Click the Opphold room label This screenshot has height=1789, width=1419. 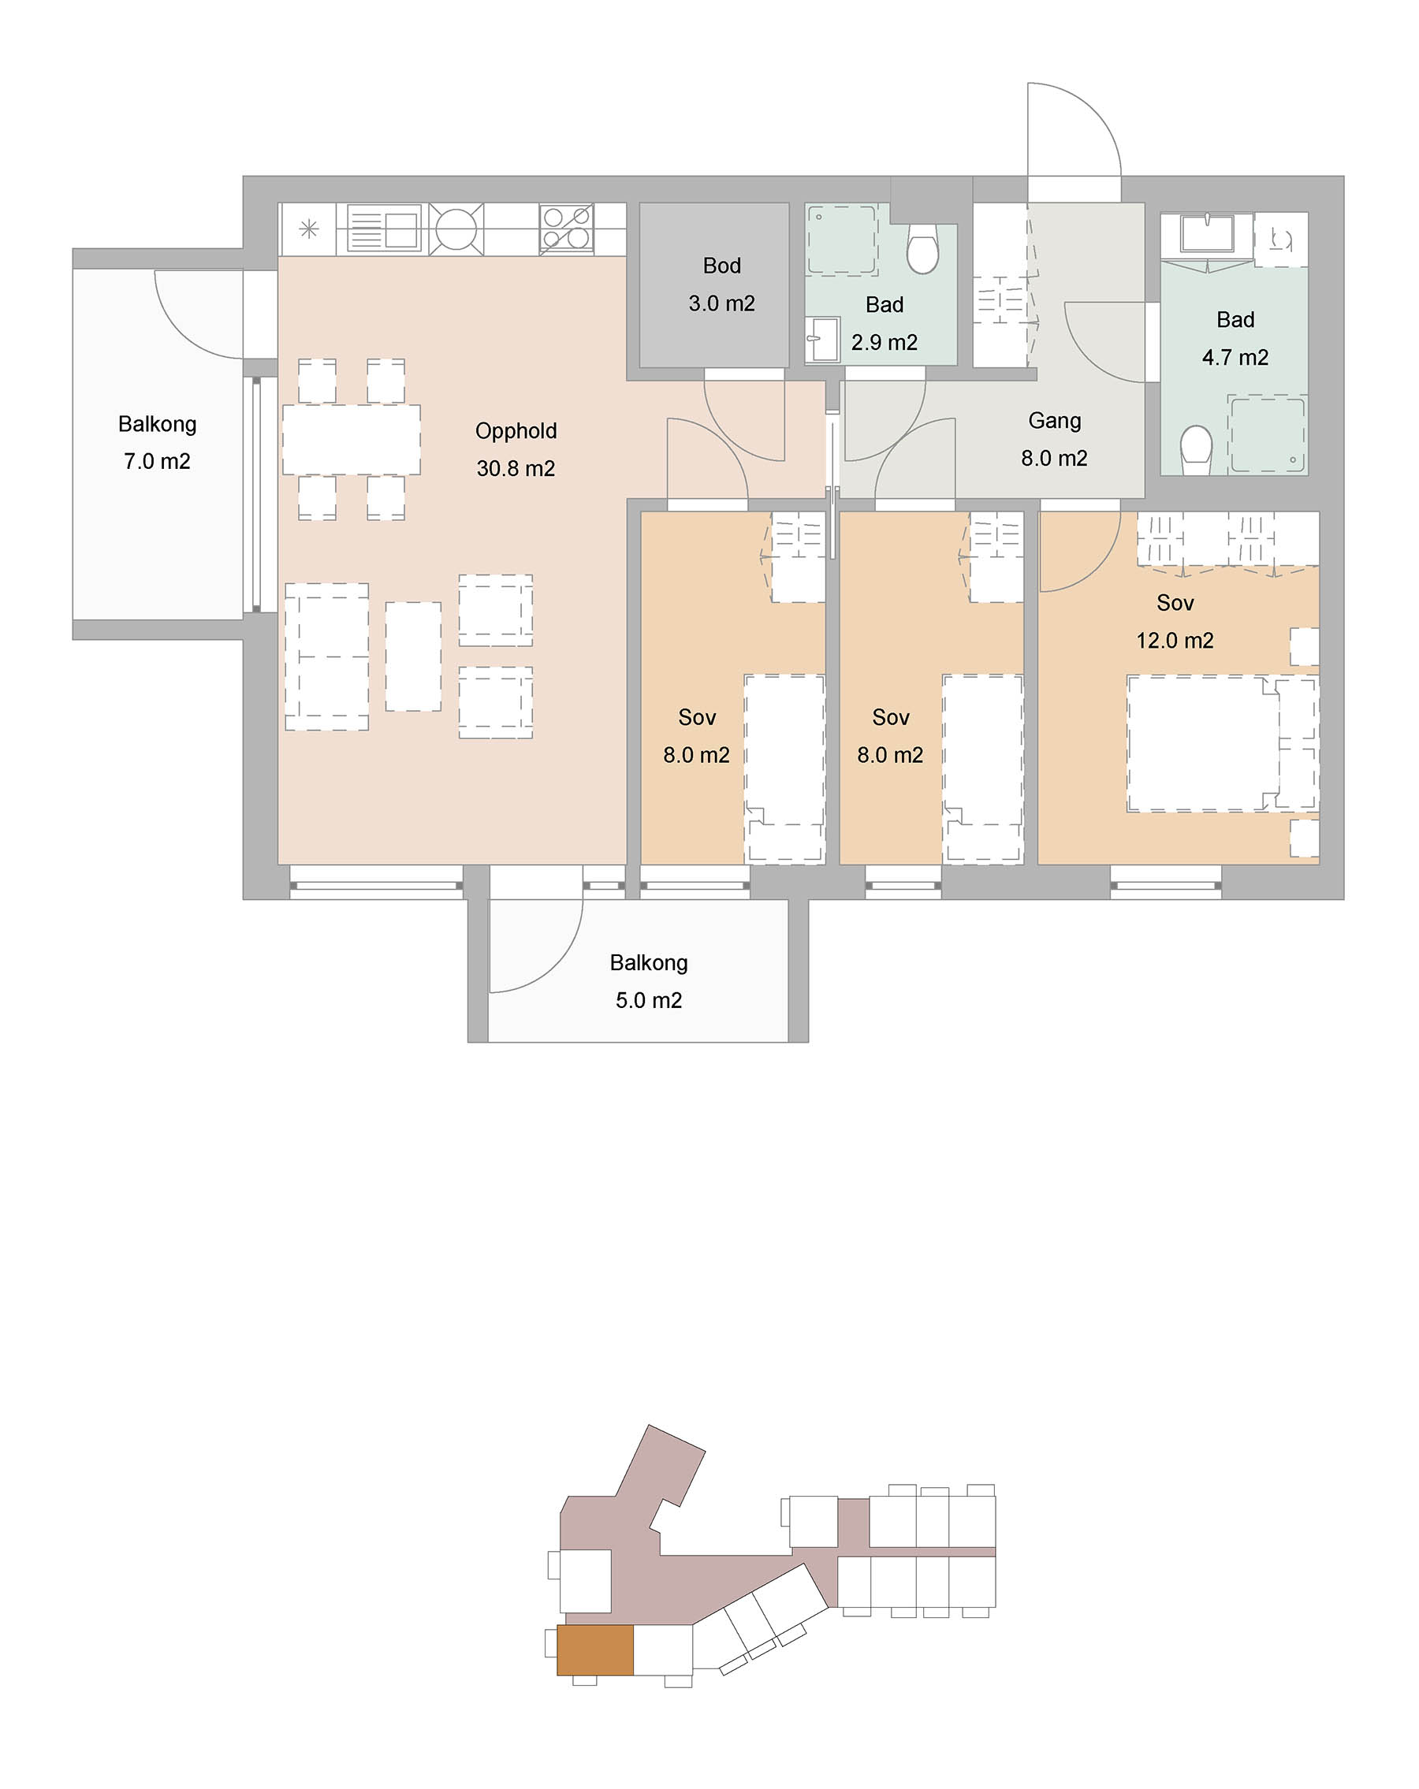point(516,431)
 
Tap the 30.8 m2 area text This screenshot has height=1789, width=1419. point(516,469)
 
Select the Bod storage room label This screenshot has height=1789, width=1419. point(721,266)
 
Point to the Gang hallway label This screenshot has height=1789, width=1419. point(1054,422)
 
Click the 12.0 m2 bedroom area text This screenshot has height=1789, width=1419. point(1174,641)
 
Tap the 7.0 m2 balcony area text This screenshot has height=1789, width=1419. point(157,461)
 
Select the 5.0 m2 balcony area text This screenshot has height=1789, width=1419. point(648,1001)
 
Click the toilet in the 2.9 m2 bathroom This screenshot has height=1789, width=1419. point(922,248)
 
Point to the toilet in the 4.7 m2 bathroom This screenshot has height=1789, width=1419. point(1196,450)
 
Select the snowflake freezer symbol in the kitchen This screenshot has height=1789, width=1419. point(309,229)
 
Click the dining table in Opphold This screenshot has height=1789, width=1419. point(351,440)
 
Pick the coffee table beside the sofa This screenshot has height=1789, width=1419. point(412,656)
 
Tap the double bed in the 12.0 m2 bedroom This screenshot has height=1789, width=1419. point(1221,743)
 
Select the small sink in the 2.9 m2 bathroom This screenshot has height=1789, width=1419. point(822,339)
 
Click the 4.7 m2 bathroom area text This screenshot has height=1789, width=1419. point(1235,358)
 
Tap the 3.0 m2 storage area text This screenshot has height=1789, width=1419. point(721,303)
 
